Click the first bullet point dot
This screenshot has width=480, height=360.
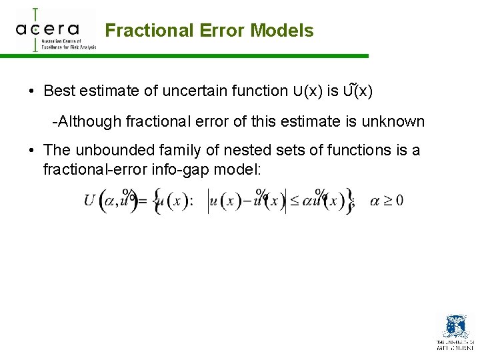click(31, 91)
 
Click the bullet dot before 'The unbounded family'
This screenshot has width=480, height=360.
click(31, 151)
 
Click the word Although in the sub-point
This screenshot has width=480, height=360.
click(85, 121)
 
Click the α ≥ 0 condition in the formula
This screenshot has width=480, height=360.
click(386, 201)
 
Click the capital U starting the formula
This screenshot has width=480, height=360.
click(89, 201)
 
